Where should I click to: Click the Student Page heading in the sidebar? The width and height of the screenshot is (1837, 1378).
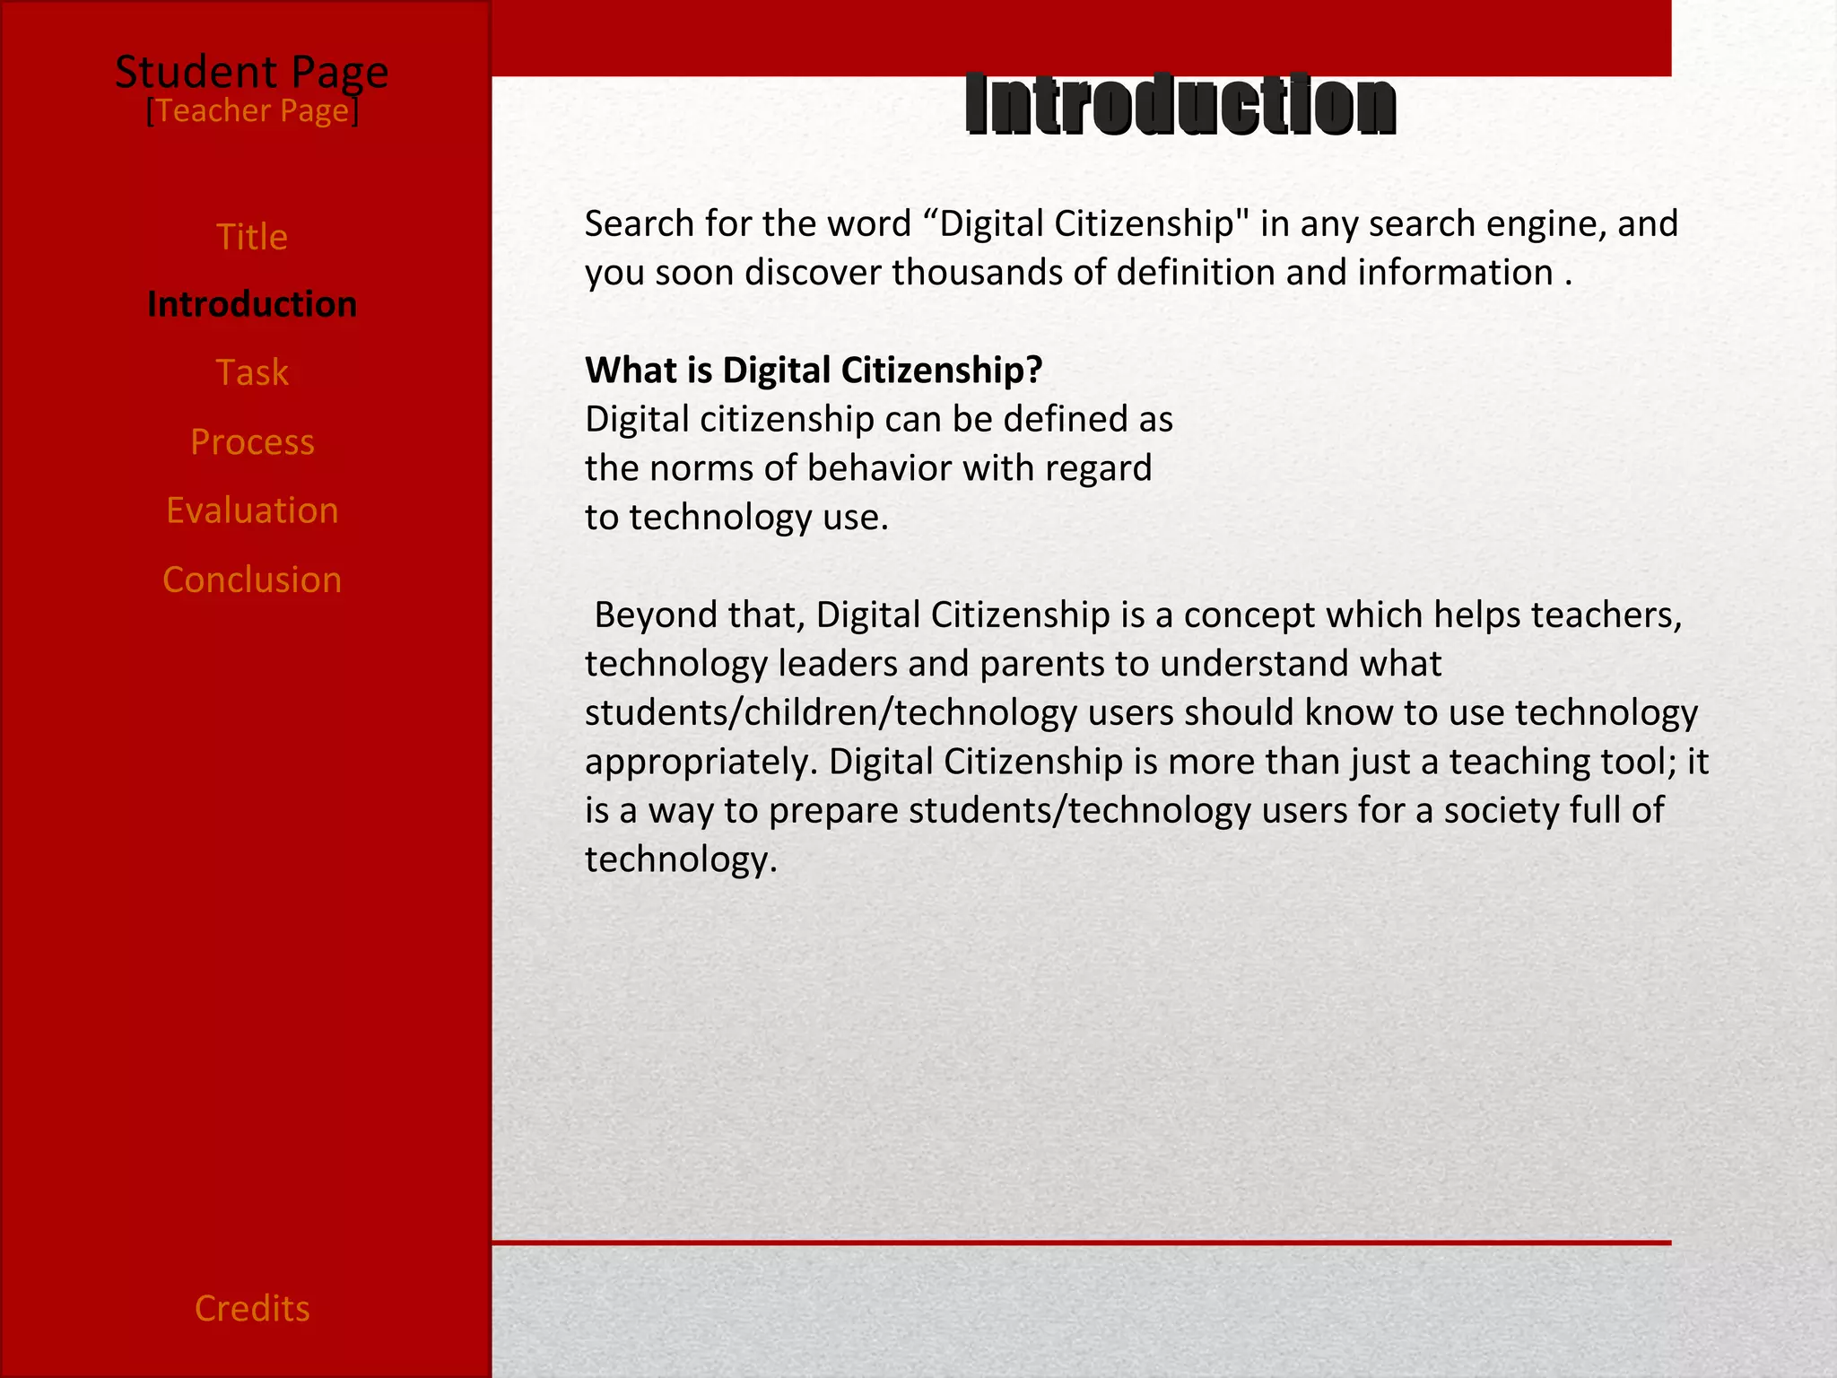click(x=251, y=72)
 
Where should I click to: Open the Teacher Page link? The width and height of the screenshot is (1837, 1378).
click(x=252, y=111)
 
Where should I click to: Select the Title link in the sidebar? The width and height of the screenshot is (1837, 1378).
click(x=252, y=238)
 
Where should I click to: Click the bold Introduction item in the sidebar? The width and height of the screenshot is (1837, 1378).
click(x=252, y=305)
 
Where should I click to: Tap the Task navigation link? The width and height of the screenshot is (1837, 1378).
click(x=252, y=373)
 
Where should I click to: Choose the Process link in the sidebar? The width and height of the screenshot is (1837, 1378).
click(x=252, y=442)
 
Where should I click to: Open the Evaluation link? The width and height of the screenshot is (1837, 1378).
click(x=252, y=510)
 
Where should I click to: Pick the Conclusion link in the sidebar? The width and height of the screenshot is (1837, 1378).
click(x=252, y=580)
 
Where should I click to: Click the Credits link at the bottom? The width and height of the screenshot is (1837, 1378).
click(x=252, y=1309)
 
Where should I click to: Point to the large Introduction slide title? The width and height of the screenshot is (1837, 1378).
click(x=1180, y=105)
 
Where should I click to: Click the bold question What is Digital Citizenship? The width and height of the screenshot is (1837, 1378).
click(x=814, y=371)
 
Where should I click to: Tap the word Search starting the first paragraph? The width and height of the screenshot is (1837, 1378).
click(x=639, y=224)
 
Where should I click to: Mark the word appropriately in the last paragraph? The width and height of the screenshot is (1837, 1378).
click(x=701, y=763)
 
